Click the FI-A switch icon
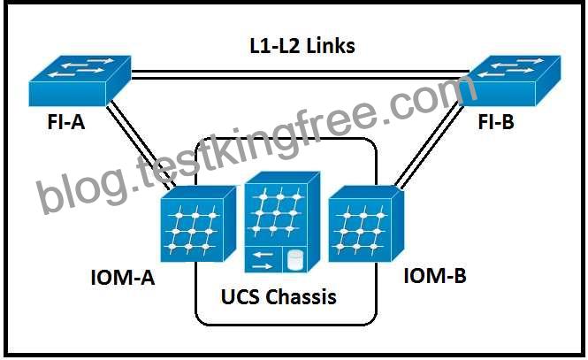80,80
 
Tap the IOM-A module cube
198,225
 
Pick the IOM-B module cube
366,225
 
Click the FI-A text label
66,122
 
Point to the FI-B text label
496,122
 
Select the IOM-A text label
123,278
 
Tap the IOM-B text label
435,276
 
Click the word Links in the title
331,46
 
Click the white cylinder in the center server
294,260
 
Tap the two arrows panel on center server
263,260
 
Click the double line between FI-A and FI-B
300,74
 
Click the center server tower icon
282,222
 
